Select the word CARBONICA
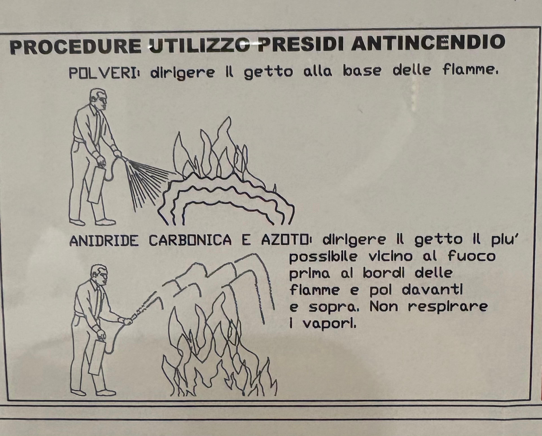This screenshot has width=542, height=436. coord(190,240)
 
